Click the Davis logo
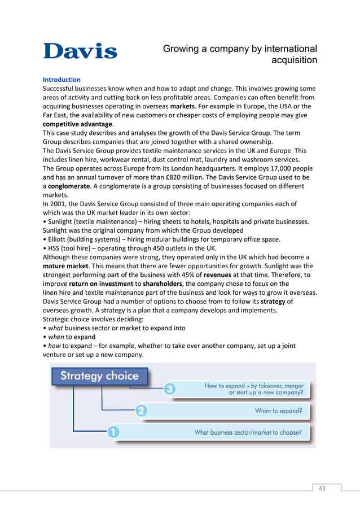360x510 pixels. (80, 51)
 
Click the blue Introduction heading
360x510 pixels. (62, 80)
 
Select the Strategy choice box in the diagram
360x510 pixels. (99, 376)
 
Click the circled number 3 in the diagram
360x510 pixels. (170, 389)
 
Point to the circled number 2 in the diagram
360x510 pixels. (142, 411)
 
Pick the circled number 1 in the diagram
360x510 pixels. (113, 433)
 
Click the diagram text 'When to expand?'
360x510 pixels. (278, 411)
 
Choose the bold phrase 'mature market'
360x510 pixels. (65, 265)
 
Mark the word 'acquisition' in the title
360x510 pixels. (294, 60)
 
